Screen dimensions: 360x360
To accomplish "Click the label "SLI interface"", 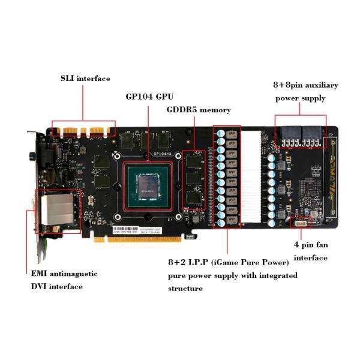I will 85,79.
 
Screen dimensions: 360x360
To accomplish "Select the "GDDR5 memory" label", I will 198,110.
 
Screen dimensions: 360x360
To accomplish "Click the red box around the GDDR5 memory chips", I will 194,180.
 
